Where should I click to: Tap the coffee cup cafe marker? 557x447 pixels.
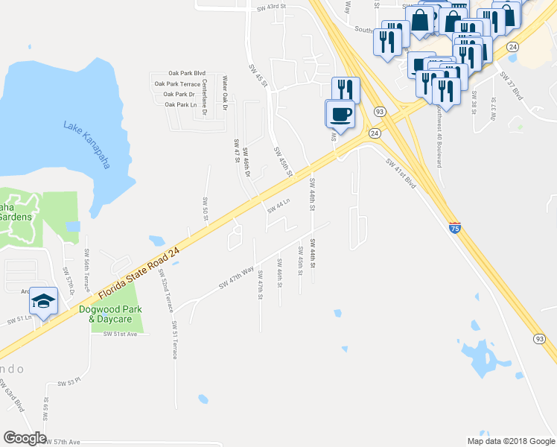coord(340,114)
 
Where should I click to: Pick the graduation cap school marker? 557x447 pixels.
coord(43,301)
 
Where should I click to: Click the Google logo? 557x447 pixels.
coord(25,437)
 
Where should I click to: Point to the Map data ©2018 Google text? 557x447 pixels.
coord(511,441)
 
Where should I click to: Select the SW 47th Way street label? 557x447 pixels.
coord(237,278)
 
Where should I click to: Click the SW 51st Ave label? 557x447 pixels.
coord(121,335)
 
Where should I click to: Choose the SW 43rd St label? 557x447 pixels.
coord(271,7)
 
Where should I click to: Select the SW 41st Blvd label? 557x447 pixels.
coord(401,173)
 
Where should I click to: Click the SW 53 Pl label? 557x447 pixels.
coord(68,383)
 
